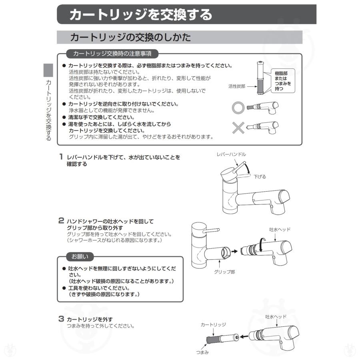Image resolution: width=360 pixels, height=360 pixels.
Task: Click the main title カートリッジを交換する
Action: tap(141, 15)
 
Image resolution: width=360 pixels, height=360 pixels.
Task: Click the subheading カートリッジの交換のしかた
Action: tap(130, 38)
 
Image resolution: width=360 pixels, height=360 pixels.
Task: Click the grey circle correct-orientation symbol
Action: tap(239, 108)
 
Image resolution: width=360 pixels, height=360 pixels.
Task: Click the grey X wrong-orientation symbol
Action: tap(239, 128)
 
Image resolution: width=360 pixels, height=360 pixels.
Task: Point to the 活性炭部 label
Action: tap(236, 86)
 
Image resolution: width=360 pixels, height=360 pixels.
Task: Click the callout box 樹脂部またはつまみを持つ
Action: tap(282, 81)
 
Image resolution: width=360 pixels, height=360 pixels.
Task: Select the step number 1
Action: tap(61, 157)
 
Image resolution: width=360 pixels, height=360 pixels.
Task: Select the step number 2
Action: tap(61, 220)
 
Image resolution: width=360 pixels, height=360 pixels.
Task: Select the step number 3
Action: tap(61, 319)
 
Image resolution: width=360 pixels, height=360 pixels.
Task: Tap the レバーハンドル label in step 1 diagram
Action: tap(231, 154)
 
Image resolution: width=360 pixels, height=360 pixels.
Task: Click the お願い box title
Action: tap(80, 256)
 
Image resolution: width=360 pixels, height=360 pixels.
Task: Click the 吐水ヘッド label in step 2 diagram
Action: tap(280, 230)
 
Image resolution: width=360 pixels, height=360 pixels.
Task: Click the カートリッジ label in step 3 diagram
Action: tap(213, 325)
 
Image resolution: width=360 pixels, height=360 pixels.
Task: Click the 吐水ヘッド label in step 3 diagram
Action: tap(276, 316)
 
